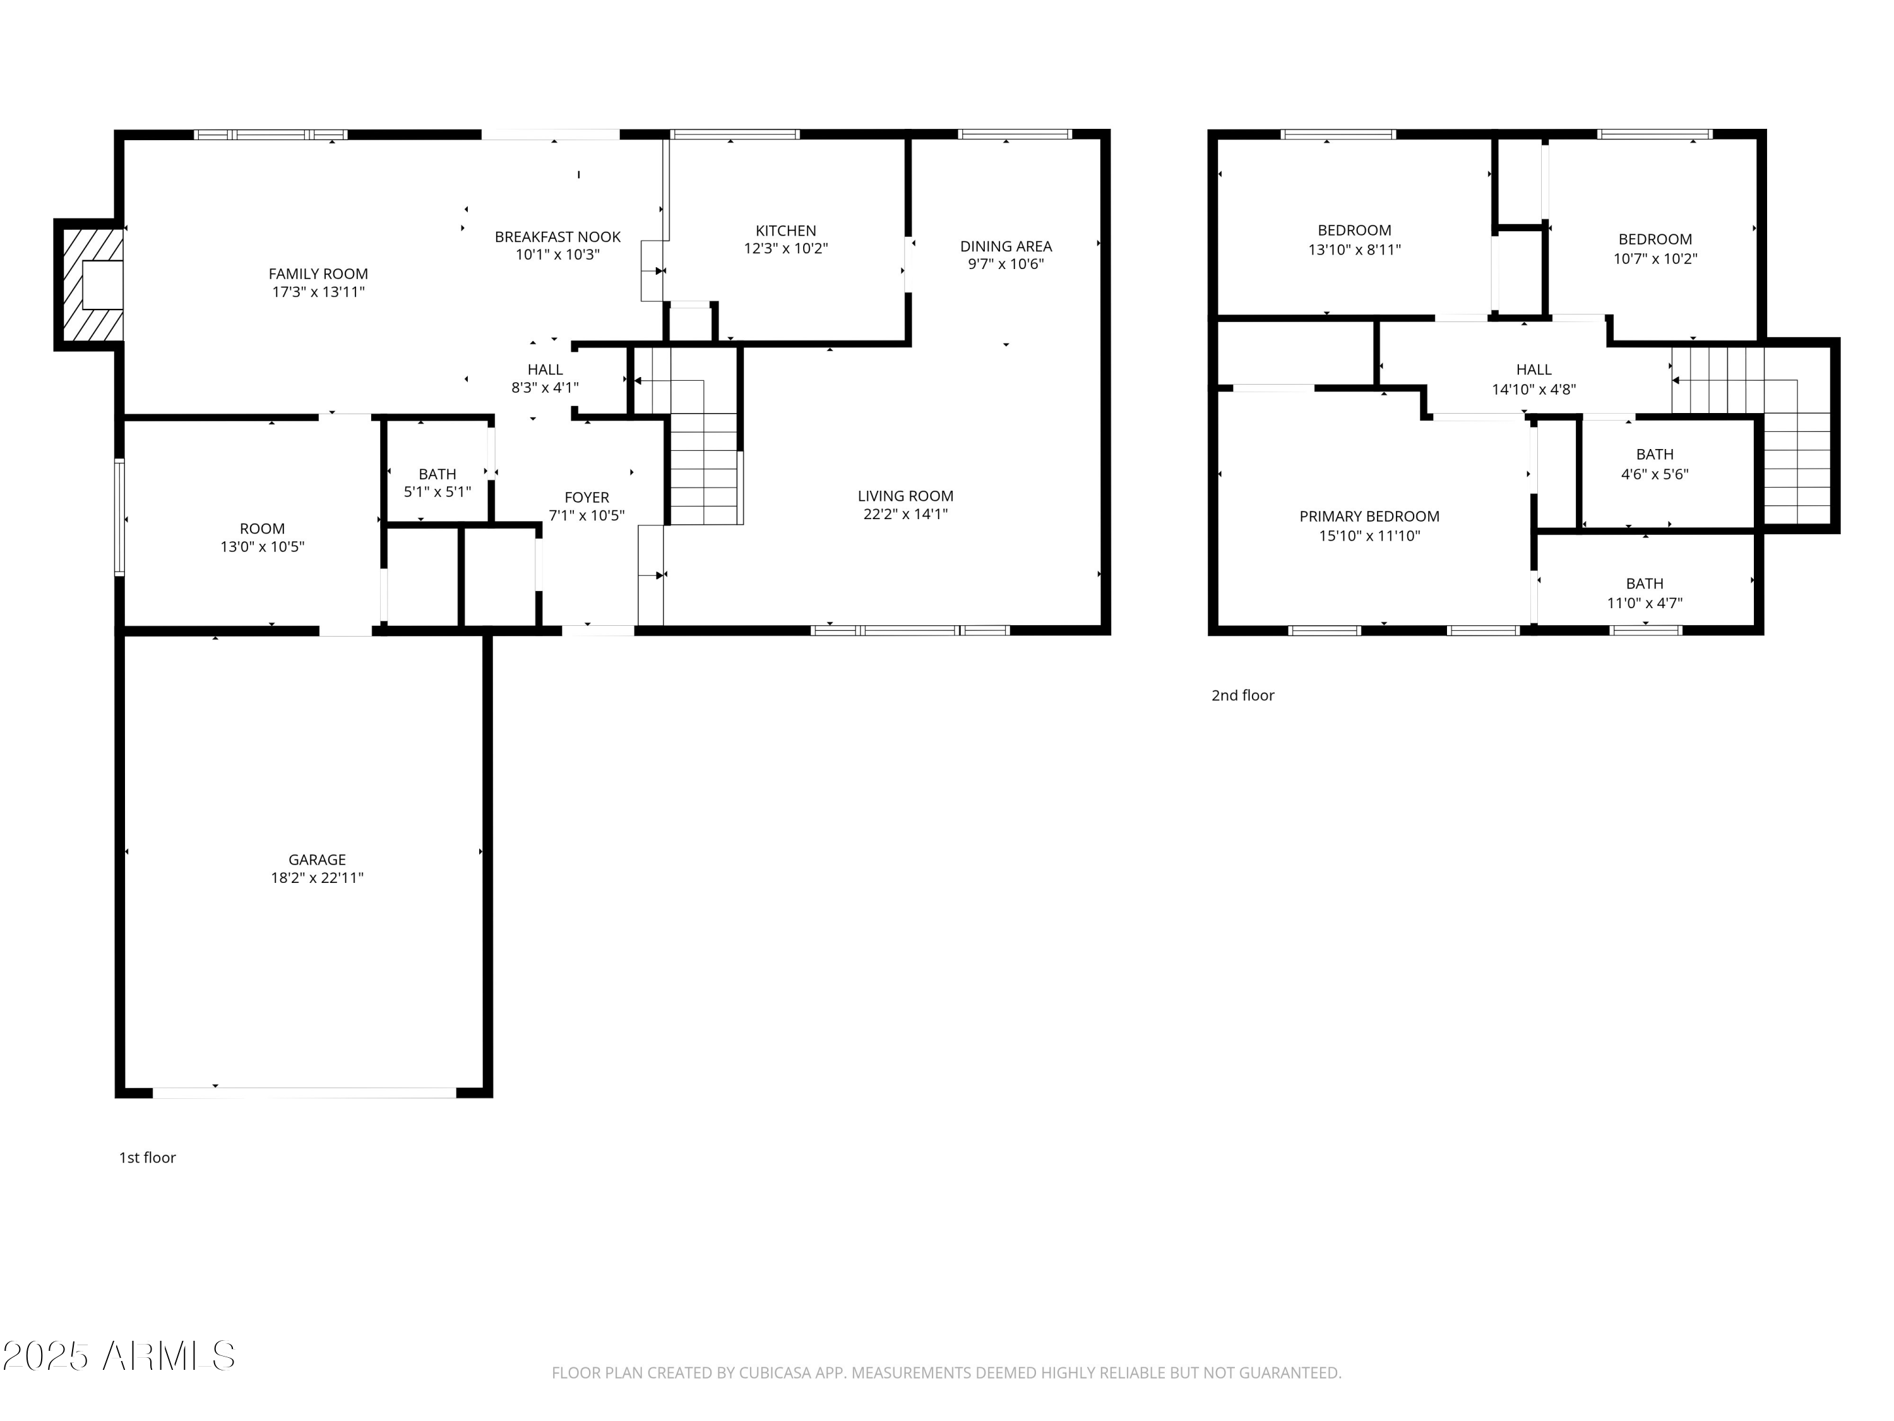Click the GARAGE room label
pos(317,859)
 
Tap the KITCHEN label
pos(785,231)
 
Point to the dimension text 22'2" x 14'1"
pos(905,514)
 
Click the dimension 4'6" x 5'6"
pos(1653,474)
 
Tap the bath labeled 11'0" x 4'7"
pos(1643,593)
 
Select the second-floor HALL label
pos(1533,369)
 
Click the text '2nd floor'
pos(1242,695)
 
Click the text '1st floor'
pos(147,1157)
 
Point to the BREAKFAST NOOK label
pos(557,236)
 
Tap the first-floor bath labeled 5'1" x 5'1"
pos(437,483)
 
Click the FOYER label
pos(587,497)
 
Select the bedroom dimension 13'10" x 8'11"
pos(1354,250)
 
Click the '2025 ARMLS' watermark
pos(118,1356)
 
